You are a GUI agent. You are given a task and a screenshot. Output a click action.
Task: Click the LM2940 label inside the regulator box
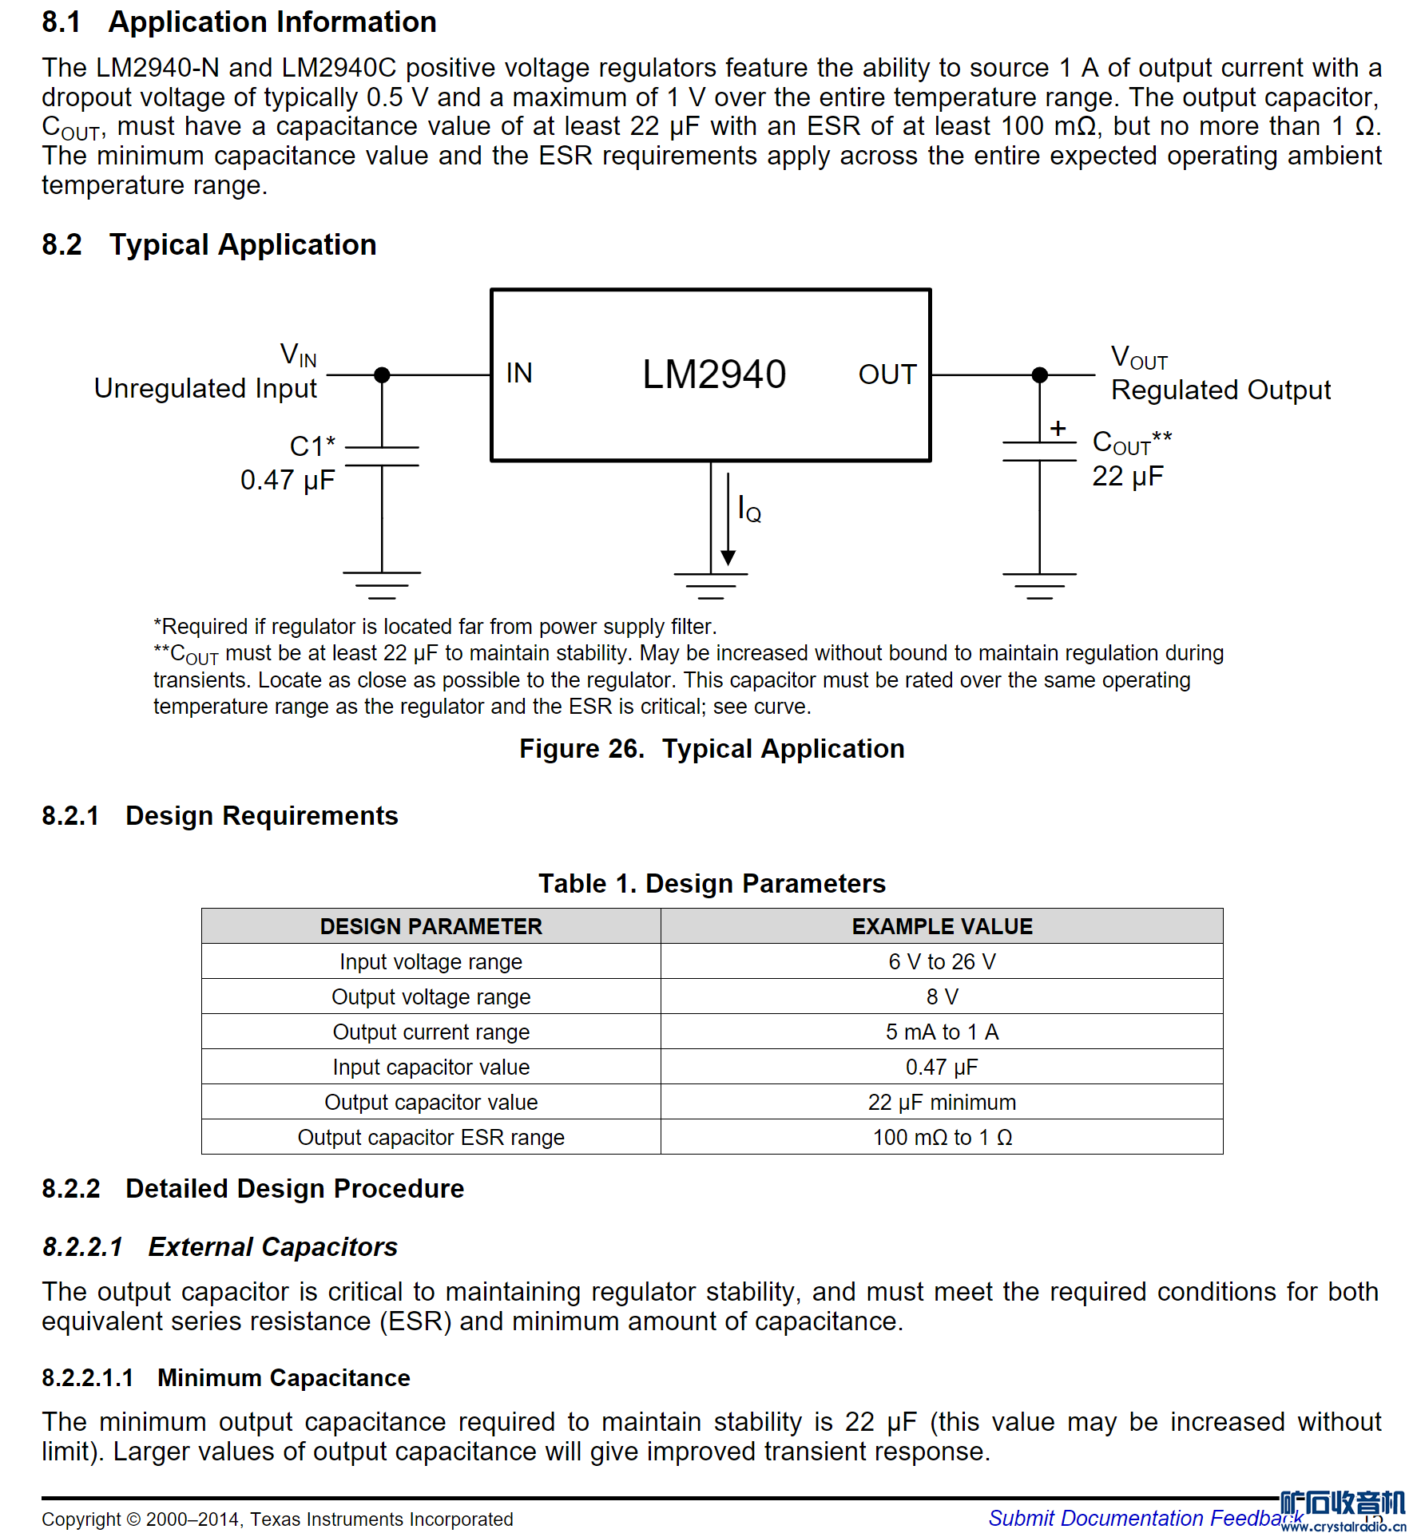[x=713, y=374]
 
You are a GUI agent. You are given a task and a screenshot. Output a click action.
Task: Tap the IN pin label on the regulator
[x=519, y=373]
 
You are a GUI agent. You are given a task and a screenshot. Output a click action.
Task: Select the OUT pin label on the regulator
[x=887, y=374]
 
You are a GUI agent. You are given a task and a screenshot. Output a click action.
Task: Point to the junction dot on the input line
[x=382, y=374]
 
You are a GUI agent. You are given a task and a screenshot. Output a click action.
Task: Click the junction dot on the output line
[x=1039, y=374]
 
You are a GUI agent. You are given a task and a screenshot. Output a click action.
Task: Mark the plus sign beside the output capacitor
[x=1058, y=429]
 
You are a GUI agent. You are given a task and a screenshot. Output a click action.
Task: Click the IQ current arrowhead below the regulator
[x=728, y=557]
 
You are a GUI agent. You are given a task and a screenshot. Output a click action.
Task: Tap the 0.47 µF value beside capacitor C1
[x=288, y=480]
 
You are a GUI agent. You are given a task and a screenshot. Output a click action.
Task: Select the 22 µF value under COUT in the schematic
[x=1127, y=477]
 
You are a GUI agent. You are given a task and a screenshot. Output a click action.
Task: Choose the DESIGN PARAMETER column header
[x=431, y=926]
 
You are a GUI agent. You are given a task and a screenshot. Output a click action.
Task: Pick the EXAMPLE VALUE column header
[x=942, y=926]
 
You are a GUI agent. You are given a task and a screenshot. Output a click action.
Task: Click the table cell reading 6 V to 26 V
[x=942, y=961]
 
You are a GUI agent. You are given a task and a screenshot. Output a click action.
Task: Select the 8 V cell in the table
[x=942, y=996]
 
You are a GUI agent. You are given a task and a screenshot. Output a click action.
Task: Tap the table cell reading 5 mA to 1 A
[x=942, y=1032]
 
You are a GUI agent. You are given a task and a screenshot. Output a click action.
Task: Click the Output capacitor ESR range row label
[x=431, y=1137]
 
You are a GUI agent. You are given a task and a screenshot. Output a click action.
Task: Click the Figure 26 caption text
[x=712, y=749]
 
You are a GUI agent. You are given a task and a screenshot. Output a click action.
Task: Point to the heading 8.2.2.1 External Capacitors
[x=220, y=1247]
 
